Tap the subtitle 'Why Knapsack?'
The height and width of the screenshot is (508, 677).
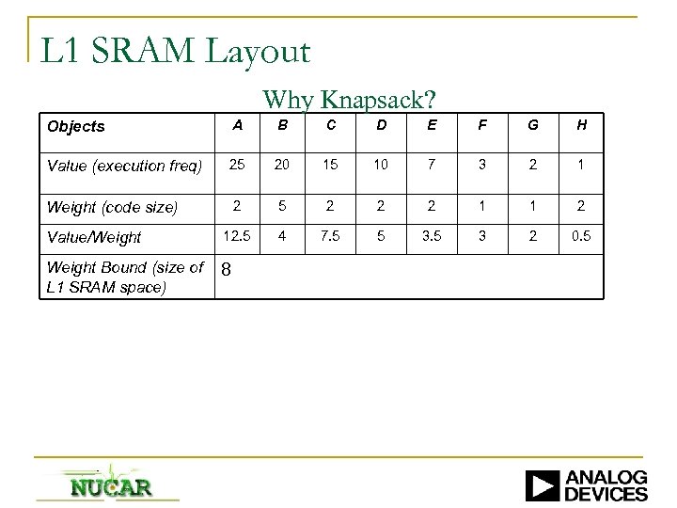349,99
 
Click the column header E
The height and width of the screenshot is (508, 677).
432,126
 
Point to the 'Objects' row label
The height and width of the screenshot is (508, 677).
76,126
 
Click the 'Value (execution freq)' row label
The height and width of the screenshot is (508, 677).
124,167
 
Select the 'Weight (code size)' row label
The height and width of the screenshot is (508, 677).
112,207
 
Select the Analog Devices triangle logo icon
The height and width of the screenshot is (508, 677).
543,484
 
